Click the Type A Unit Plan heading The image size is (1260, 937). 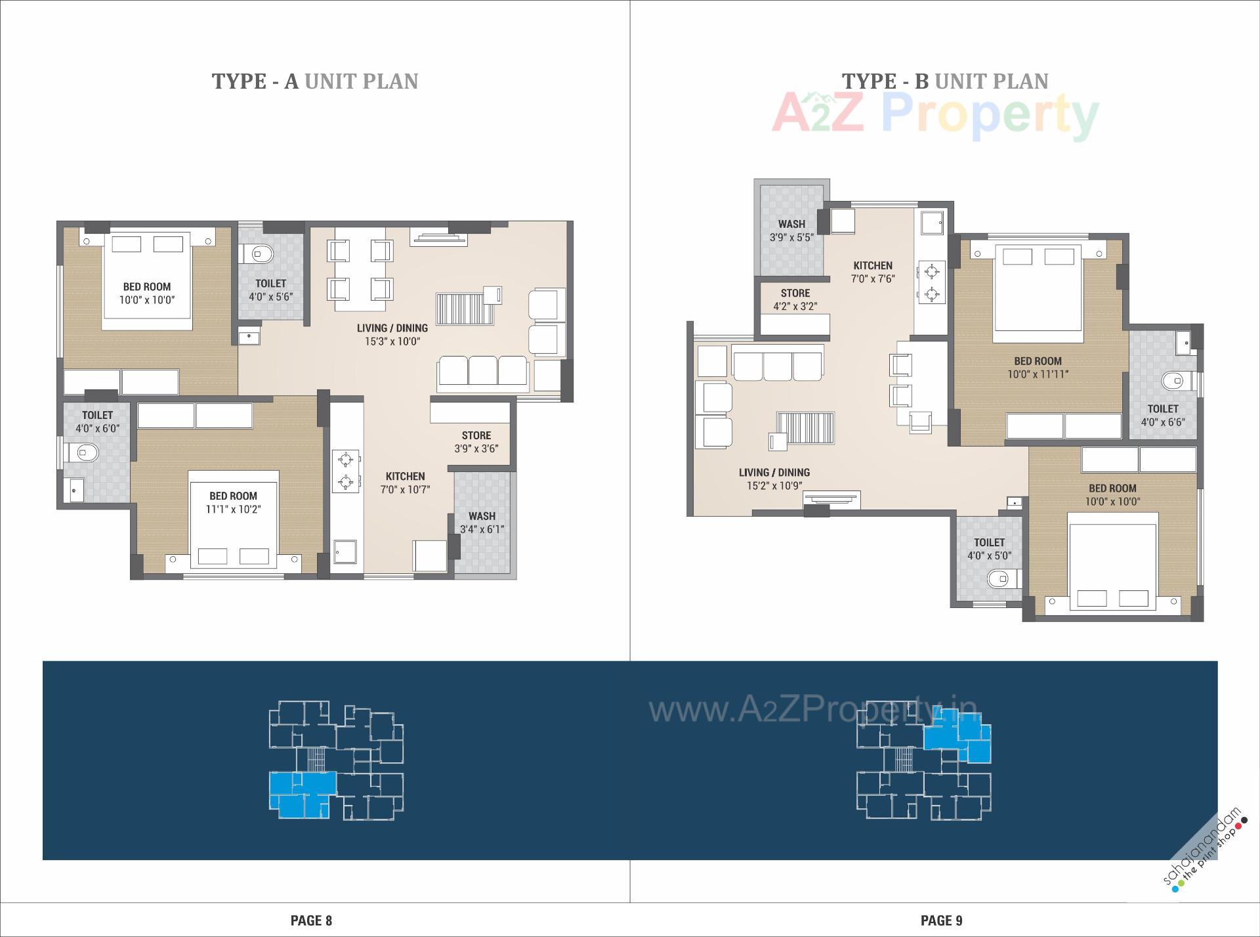pyautogui.click(x=314, y=81)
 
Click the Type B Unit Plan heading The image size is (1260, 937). pyautogui.click(x=944, y=81)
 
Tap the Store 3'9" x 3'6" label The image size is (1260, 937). pyautogui.click(x=476, y=442)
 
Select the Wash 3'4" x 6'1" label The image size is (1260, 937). pyautogui.click(x=482, y=523)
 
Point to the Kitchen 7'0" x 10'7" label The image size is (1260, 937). pyautogui.click(x=405, y=483)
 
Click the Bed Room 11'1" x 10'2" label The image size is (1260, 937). pyautogui.click(x=233, y=502)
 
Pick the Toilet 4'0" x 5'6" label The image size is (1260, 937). pyautogui.click(x=270, y=290)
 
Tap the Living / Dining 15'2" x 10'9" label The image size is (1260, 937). pyautogui.click(x=774, y=479)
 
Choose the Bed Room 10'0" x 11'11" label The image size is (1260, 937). pyautogui.click(x=1038, y=368)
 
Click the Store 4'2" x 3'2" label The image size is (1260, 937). pyautogui.click(x=795, y=299)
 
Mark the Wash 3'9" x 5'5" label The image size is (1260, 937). pyautogui.click(x=791, y=230)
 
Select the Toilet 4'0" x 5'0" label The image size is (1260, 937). pyautogui.click(x=989, y=549)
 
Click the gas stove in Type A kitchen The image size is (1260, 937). pyautogui.click(x=345, y=471)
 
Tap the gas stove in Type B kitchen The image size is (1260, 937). pyautogui.click(x=931, y=282)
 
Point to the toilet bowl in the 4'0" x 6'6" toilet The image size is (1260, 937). pyautogui.click(x=1172, y=380)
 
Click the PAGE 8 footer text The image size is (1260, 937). pyautogui.click(x=311, y=921)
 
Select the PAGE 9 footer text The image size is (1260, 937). pyautogui.click(x=941, y=921)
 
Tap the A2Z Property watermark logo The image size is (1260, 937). pyautogui.click(x=935, y=116)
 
